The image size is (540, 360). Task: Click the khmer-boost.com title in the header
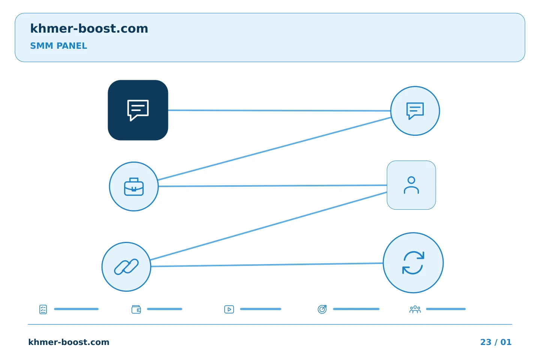(x=89, y=28)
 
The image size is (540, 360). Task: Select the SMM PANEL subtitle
(x=58, y=46)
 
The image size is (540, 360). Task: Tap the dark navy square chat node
(x=138, y=110)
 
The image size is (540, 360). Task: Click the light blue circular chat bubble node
(x=415, y=111)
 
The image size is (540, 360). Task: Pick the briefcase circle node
(x=134, y=186)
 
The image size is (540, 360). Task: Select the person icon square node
(x=411, y=185)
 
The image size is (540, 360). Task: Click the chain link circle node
(x=126, y=267)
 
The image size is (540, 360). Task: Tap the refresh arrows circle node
(x=413, y=263)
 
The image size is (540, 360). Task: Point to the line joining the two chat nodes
(x=279, y=110)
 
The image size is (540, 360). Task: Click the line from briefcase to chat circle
(x=274, y=148)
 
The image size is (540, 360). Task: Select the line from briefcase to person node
(x=273, y=186)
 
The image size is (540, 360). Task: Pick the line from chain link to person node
(x=268, y=226)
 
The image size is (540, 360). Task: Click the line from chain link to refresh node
(x=267, y=265)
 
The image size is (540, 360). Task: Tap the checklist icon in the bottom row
(x=43, y=309)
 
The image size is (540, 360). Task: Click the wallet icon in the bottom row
(x=136, y=309)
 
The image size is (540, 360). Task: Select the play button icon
(x=229, y=309)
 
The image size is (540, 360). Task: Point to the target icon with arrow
(x=322, y=309)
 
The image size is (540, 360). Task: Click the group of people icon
(x=415, y=309)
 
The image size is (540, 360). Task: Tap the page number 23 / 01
(x=496, y=342)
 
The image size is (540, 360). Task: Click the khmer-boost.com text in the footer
(x=69, y=342)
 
